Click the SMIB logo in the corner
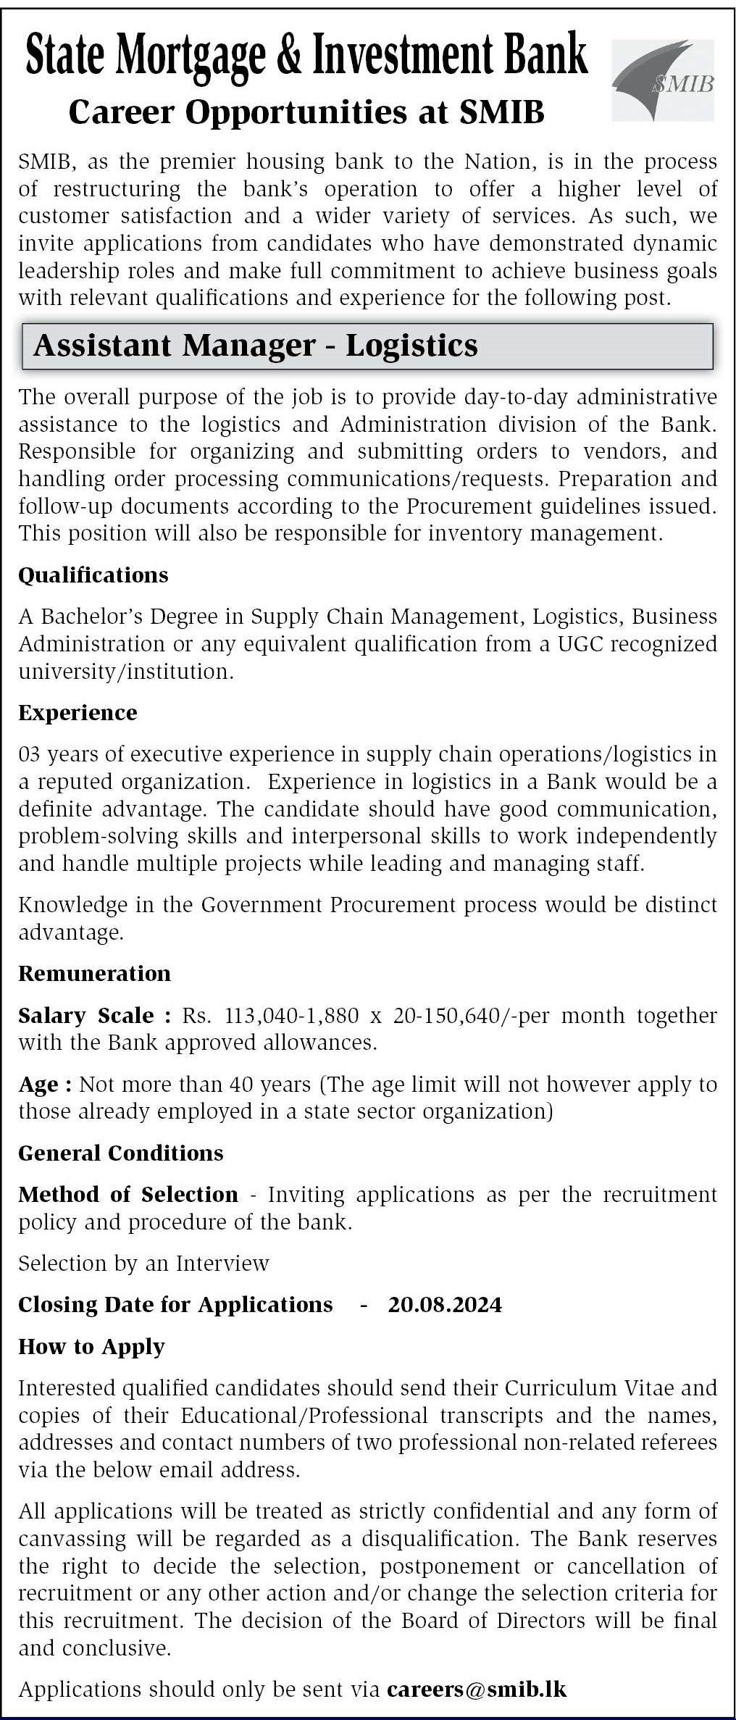coord(663,80)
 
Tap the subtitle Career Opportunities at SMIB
coord(306,112)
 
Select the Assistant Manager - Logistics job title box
coord(367,346)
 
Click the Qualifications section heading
coord(93,575)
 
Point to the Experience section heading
coord(78,713)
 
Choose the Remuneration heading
coord(94,974)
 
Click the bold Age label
coord(44,1085)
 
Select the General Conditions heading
coord(120,1153)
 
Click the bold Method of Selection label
coord(127,1195)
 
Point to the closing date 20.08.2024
coord(445,1305)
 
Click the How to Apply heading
coord(91,1347)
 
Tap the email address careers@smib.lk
coord(477,1690)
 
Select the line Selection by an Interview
coord(143,1264)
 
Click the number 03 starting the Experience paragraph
coord(30,754)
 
